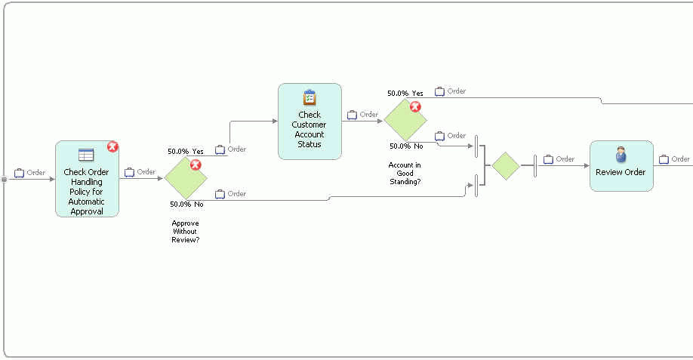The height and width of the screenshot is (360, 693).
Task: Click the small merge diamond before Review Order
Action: point(506,166)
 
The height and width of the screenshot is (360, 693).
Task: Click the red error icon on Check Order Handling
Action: point(112,146)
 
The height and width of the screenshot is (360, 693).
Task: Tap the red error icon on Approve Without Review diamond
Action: point(196,165)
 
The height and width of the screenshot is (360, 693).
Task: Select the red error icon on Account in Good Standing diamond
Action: point(414,106)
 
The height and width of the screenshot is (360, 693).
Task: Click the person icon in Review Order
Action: point(621,154)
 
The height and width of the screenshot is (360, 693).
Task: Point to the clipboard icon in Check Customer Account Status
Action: point(310,97)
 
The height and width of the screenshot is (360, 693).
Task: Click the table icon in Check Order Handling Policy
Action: point(86,155)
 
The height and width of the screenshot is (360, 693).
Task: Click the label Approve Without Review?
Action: point(186,232)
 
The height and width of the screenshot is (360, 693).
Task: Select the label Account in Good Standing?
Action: point(405,173)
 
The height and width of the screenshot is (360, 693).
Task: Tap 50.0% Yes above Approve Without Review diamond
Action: point(186,152)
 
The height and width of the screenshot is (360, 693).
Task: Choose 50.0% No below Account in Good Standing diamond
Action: point(406,146)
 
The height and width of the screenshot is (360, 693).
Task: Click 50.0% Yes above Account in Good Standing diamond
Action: point(405,94)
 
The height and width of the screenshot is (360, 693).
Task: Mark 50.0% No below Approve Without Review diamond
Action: point(186,205)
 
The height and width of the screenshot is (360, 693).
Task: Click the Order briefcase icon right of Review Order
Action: point(664,159)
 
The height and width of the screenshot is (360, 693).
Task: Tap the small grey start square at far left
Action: point(5,179)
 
